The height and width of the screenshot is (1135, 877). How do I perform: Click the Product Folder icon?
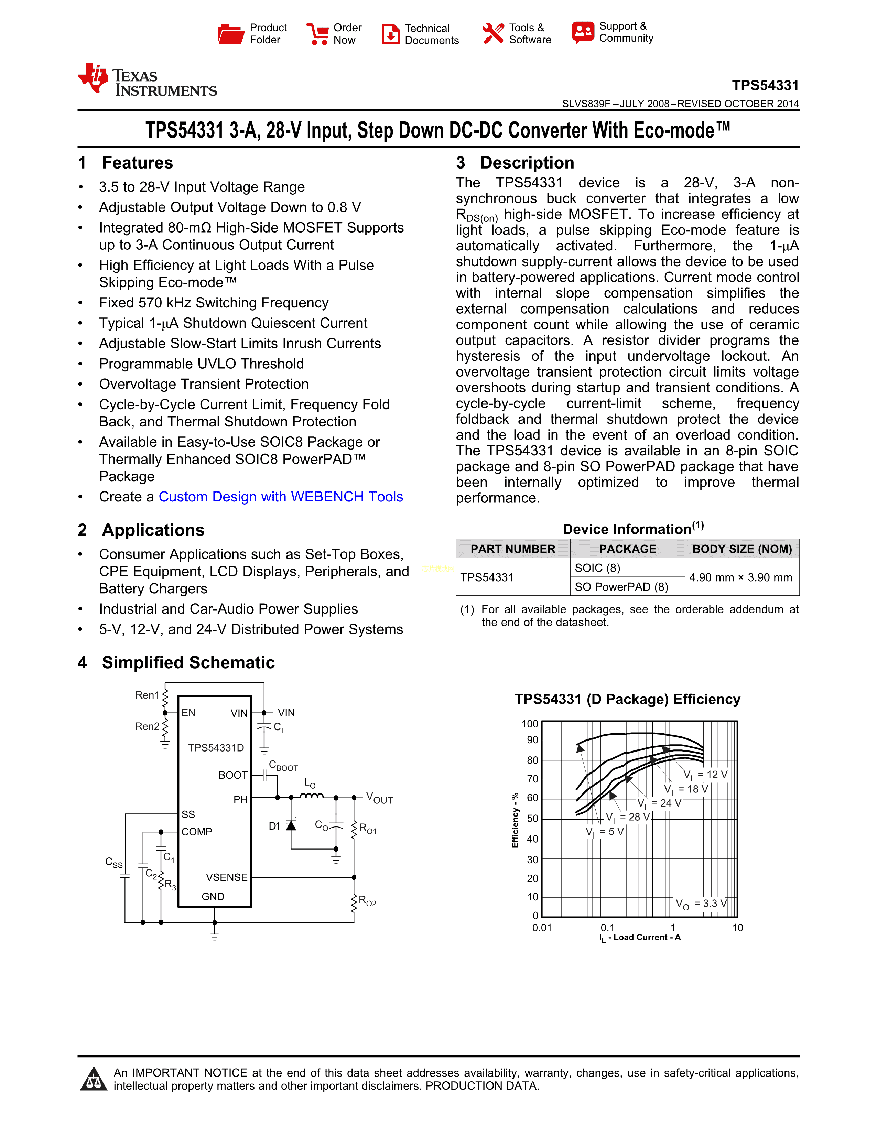coord(231,34)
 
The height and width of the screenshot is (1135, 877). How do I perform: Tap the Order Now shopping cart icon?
coord(317,34)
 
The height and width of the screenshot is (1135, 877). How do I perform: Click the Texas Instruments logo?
coord(147,80)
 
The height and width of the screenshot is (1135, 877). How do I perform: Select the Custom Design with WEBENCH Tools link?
coord(281,497)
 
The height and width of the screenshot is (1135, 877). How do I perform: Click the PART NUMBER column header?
coord(513,549)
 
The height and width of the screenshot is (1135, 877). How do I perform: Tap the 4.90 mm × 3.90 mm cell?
coord(741,577)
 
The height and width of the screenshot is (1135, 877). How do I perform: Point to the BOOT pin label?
coord(233,775)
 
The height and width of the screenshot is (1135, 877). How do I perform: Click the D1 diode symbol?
coord(291,825)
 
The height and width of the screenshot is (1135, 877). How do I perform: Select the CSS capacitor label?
coord(114,863)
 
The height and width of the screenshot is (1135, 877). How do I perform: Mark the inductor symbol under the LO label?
coord(312,796)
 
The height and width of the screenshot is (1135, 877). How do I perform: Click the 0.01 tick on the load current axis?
coord(542,928)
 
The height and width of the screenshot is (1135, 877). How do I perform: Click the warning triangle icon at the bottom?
coord(94,1079)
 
